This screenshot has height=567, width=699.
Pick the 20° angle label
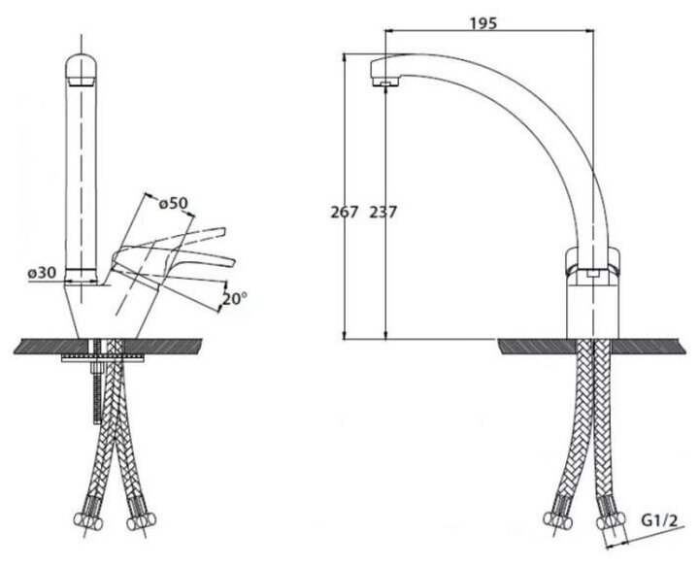tap(234, 300)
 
